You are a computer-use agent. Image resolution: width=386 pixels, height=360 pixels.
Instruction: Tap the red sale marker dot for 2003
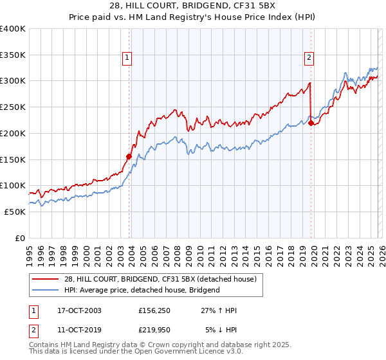(129, 156)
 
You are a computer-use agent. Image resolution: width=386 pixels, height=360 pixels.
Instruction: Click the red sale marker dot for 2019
(311, 123)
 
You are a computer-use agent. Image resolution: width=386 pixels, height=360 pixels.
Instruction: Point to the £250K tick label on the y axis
(12, 107)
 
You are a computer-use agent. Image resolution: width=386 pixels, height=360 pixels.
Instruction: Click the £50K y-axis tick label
(14, 212)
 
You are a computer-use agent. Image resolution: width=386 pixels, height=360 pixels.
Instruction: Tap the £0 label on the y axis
(20, 238)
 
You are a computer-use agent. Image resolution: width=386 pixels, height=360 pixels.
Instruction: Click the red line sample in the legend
(44, 279)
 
